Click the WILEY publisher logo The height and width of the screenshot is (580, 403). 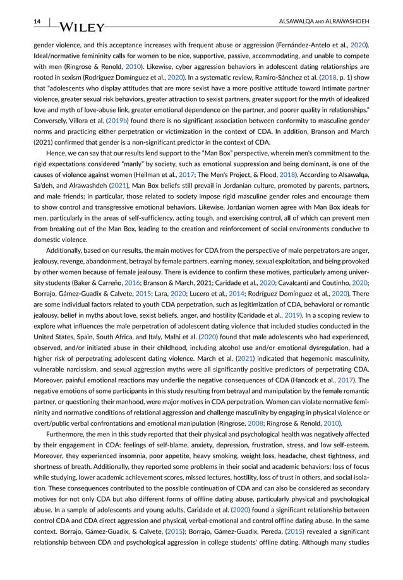coord(81,27)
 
